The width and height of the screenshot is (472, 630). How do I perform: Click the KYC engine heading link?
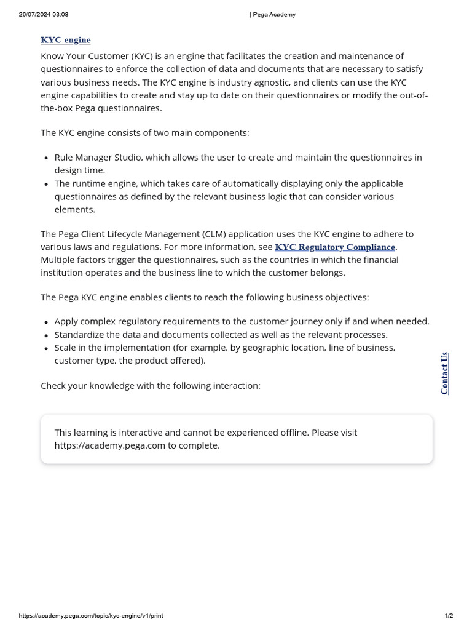65,40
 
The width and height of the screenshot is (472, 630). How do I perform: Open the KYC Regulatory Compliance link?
335,247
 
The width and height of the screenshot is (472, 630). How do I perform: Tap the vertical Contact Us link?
444,373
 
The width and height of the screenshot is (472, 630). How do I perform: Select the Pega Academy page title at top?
273,15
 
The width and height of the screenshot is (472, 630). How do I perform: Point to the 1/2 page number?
449,616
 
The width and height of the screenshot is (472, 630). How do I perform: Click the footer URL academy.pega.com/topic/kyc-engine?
91,616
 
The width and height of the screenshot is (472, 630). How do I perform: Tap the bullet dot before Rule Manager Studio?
47,158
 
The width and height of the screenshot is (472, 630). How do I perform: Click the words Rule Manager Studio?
98,157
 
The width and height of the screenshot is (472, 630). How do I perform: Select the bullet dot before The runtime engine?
47,185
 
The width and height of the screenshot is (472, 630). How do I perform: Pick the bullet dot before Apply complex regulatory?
47,322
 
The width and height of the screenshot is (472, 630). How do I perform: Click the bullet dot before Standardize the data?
47,335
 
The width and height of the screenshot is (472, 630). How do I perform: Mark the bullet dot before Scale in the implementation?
47,348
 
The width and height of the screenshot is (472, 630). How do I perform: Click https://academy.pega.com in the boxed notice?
110,445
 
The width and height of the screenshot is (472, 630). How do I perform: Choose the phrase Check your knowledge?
80,386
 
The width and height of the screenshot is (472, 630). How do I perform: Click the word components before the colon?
222,133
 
